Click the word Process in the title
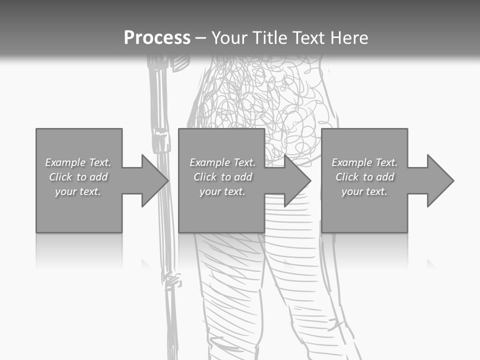coord(157,38)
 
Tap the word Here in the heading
coord(349,38)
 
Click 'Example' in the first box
coord(65,162)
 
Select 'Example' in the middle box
coord(209,162)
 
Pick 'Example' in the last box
coord(351,162)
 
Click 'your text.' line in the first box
coord(78,191)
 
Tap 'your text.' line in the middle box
coord(222,191)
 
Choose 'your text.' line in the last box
coord(364,191)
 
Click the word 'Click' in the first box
coord(60,177)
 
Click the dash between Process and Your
coord(200,38)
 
